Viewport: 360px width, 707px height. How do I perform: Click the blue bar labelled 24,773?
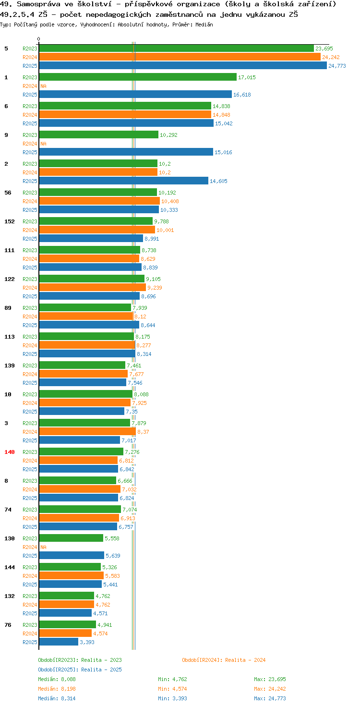point(183,66)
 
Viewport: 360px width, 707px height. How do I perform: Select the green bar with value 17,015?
point(138,77)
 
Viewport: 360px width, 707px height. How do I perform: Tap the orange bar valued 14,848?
point(125,115)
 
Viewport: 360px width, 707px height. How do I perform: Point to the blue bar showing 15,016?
point(126,152)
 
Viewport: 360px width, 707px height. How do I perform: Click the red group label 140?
point(10,452)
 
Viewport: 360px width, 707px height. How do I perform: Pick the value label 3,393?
point(87,642)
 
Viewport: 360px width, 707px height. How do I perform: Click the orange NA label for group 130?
point(44,547)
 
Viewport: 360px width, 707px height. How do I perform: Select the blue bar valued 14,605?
point(124,181)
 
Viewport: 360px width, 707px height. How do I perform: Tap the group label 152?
point(10,221)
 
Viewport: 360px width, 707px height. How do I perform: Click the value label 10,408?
point(170,201)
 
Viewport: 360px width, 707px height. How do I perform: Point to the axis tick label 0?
point(38,39)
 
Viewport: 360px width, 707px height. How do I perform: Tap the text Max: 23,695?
point(270,679)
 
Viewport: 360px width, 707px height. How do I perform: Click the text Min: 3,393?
point(172,698)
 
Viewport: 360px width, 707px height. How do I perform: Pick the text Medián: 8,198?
point(57,689)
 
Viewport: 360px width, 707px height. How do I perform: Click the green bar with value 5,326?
point(70,567)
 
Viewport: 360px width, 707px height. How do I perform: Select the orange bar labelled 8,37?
point(87,431)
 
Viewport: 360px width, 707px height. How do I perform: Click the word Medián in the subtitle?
point(204,24)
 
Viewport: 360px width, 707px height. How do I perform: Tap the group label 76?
point(8,624)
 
